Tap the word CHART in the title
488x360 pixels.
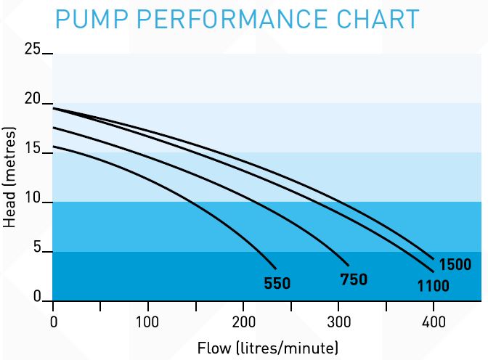pos(378,20)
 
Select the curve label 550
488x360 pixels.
pos(277,283)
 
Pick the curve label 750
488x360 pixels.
pos(354,279)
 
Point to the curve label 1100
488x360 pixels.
pos(433,286)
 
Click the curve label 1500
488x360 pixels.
pos(455,264)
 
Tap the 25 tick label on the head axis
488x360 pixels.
pos(33,49)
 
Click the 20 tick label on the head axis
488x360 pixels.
pos(33,100)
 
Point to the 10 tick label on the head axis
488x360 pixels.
pos(33,200)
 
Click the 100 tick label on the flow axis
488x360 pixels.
pos(148,322)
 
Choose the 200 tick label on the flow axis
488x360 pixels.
pos(243,322)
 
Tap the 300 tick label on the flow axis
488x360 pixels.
pos(338,322)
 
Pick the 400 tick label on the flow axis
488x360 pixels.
pos(434,322)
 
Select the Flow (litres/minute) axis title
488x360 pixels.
pos(268,347)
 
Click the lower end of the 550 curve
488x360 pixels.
pos(276,267)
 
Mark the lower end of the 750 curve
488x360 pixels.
pos(349,266)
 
